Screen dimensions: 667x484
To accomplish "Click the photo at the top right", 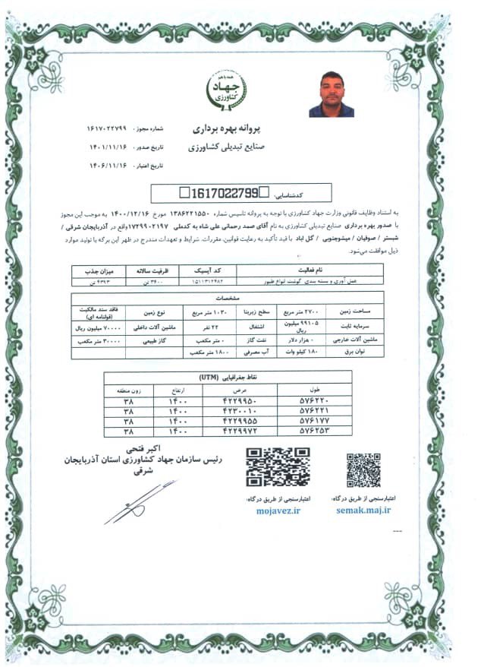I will [331, 93].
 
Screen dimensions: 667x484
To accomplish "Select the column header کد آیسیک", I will [206, 269].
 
